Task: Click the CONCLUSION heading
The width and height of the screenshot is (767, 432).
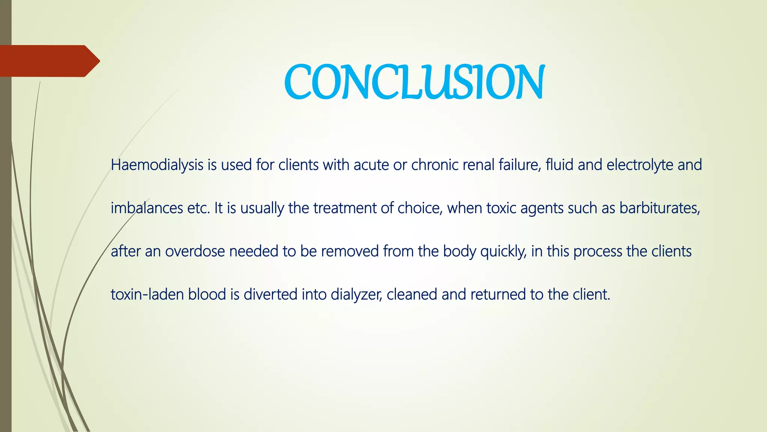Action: click(x=414, y=82)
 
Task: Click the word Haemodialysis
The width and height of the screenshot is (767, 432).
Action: click(x=157, y=165)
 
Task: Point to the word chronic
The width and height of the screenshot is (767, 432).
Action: click(x=435, y=165)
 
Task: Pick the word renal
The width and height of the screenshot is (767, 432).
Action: click(x=479, y=165)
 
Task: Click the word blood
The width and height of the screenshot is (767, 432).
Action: click(x=207, y=294)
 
